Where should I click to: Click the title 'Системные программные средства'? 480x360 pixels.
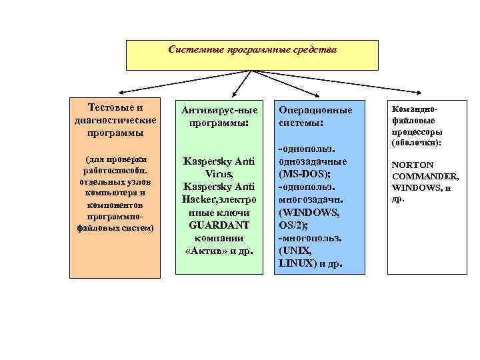point(253,50)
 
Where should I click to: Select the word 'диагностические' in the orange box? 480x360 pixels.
point(117,120)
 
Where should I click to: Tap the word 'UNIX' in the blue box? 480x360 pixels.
point(297,251)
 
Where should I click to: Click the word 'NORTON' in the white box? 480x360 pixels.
point(413,164)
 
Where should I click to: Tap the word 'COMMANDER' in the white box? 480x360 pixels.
point(425,176)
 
